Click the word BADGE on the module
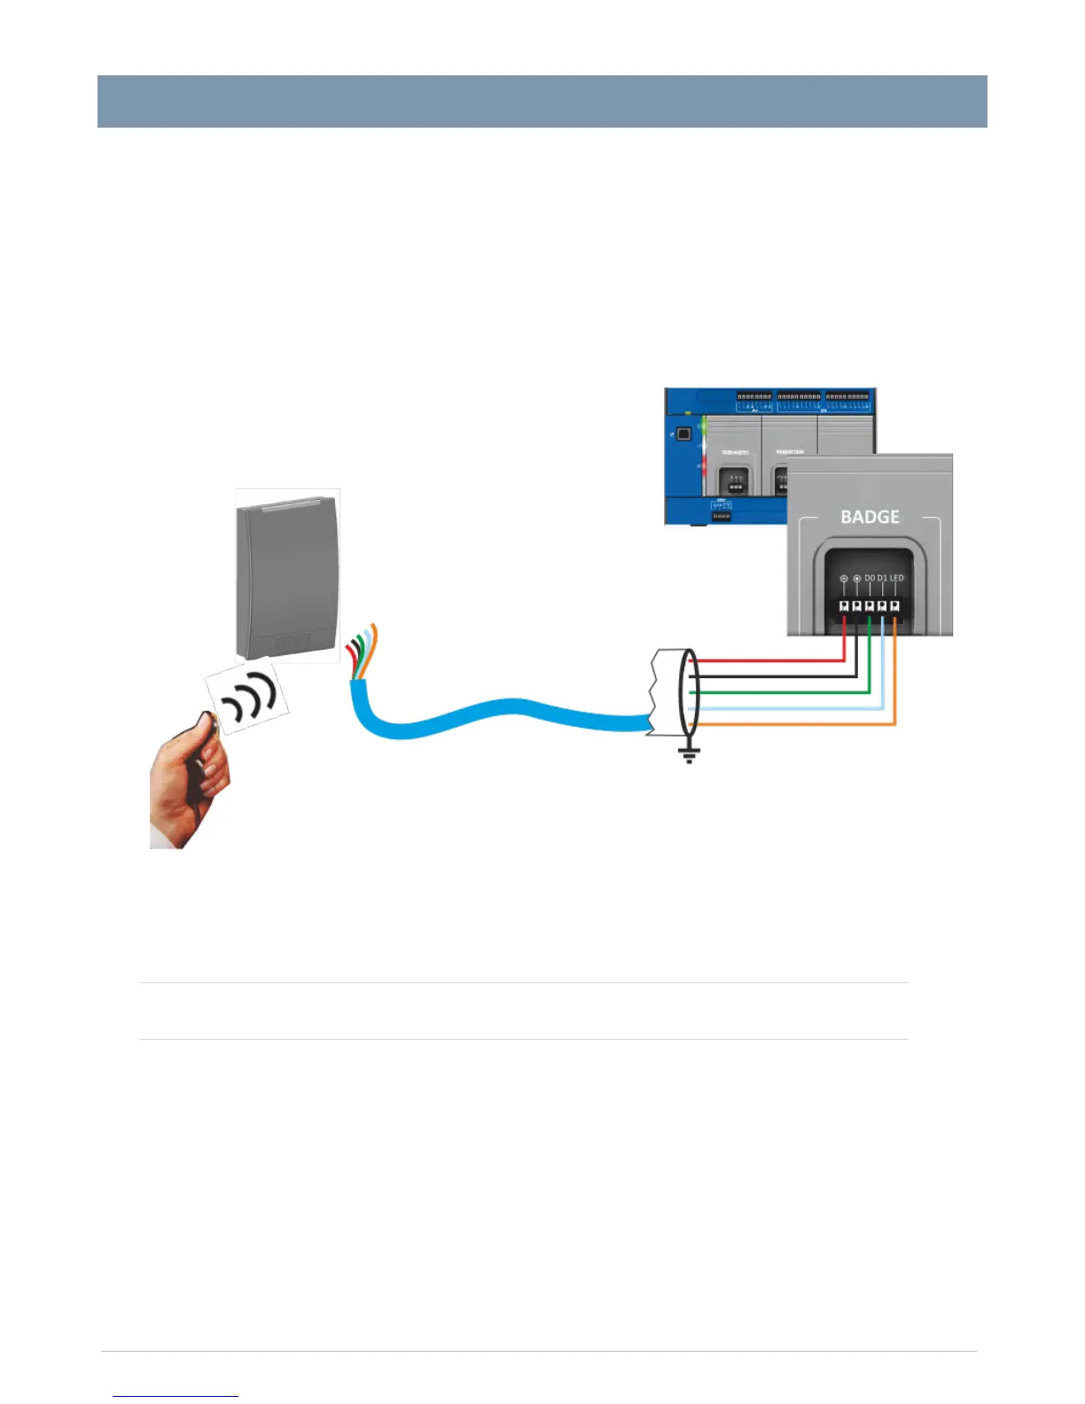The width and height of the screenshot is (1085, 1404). [x=870, y=517]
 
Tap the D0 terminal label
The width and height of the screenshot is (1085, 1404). [x=870, y=578]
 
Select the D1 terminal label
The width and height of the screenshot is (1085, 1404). [x=882, y=578]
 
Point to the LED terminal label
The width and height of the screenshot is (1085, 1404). [x=897, y=578]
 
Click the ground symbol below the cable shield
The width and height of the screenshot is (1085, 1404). [x=689, y=754]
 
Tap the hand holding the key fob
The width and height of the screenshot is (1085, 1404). [x=187, y=780]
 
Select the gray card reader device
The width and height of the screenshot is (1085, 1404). [x=285, y=576]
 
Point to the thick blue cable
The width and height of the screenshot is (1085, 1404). [x=496, y=714]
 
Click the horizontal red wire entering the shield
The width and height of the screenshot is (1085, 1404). [x=762, y=660]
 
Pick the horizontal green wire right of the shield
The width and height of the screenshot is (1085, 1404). [x=780, y=692]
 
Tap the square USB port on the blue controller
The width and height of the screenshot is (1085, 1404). [x=683, y=434]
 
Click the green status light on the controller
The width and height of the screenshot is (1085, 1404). [x=703, y=426]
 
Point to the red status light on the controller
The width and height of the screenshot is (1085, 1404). [x=703, y=464]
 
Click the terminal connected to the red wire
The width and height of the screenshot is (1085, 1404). [x=844, y=606]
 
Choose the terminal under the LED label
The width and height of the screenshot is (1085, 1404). [x=895, y=606]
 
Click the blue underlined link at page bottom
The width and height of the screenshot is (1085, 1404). [x=176, y=1396]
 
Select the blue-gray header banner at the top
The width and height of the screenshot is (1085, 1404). [x=542, y=101]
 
